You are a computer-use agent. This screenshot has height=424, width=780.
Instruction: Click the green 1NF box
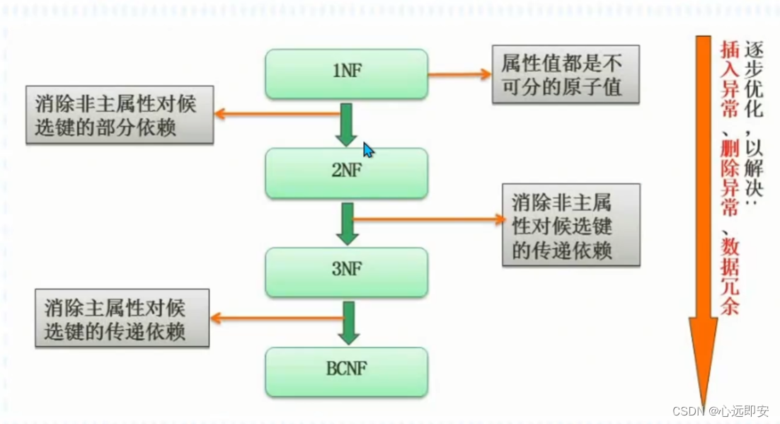tap(346, 73)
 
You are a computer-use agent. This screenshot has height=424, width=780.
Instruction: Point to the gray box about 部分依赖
tap(120, 115)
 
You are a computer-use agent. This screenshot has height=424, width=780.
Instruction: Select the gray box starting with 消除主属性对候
tap(122, 318)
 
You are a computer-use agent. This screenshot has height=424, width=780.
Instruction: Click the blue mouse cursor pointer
tap(368, 150)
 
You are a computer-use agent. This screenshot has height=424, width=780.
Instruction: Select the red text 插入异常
tap(729, 80)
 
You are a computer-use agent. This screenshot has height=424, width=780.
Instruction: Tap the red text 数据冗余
tap(729, 276)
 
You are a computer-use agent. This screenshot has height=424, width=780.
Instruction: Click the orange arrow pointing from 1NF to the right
tap(460, 74)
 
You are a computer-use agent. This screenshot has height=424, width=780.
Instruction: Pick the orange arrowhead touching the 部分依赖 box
tap(220, 113)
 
